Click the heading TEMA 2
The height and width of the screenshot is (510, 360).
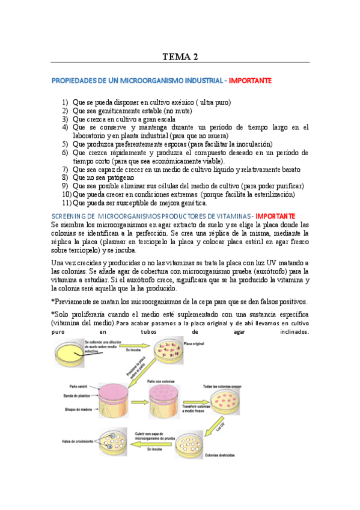point(180,57)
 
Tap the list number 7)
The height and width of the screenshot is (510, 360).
point(66,170)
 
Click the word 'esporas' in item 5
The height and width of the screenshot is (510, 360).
point(187,144)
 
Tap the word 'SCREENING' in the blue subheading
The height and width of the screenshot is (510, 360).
point(72,216)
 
